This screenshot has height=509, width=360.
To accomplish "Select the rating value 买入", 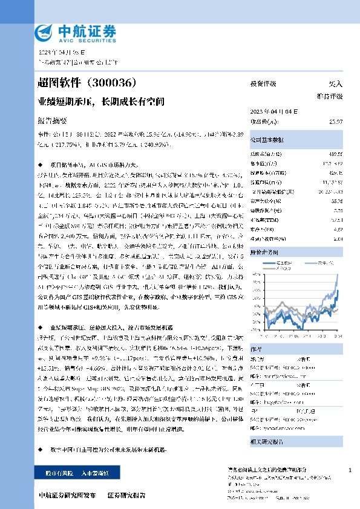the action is [x=335, y=83].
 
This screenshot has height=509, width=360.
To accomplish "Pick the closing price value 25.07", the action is [x=335, y=122].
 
